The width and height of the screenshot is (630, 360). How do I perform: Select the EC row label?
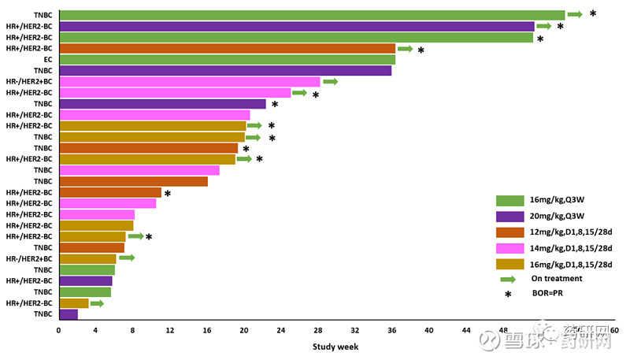tap(48, 59)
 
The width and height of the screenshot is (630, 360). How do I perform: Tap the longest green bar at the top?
tap(312, 14)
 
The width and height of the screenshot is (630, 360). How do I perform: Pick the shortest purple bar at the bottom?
tap(69, 314)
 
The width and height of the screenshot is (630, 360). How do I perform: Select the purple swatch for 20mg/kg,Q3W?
tap(510, 216)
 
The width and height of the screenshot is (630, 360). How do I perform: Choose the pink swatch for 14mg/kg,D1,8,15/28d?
tap(510, 247)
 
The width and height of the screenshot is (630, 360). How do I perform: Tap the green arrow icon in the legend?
tap(508, 278)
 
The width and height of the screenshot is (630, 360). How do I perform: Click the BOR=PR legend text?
tap(549, 294)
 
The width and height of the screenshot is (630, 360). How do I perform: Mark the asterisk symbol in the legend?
tap(508, 295)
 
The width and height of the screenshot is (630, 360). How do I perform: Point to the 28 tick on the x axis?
tap(318, 330)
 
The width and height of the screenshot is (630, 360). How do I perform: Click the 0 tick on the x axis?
tap(58, 330)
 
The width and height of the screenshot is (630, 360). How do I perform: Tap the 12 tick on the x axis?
tap(169, 330)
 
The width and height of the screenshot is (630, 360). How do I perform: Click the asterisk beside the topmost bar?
tap(593, 14)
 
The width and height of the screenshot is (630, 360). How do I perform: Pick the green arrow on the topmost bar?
tap(575, 14)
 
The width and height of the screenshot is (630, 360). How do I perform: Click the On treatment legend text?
tap(557, 278)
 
